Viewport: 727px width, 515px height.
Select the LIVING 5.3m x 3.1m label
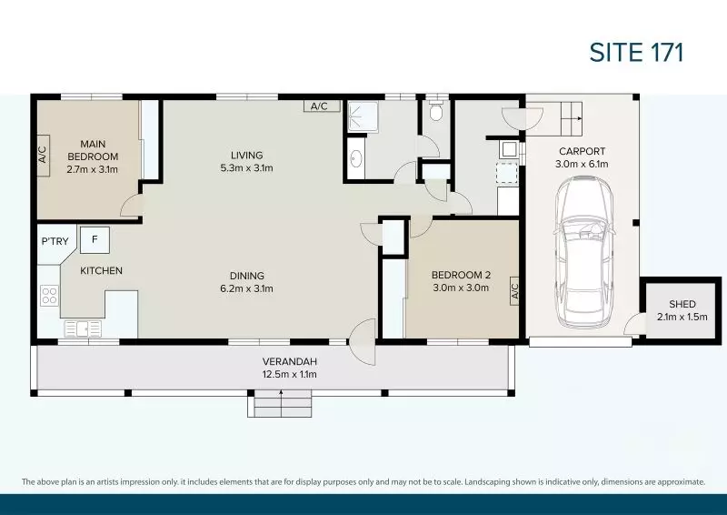[246, 161]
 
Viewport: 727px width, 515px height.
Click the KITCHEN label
[101, 270]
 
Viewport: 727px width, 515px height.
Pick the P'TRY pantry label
[55, 241]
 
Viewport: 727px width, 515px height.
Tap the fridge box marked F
[95, 240]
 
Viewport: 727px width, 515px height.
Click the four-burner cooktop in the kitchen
[49, 296]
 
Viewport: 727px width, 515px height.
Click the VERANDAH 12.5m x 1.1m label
[281, 367]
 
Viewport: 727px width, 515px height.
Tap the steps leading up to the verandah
[281, 403]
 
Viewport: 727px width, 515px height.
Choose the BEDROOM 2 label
[460, 281]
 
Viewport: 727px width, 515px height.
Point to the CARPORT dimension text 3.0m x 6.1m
[582, 165]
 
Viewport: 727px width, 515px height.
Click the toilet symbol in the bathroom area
[436, 111]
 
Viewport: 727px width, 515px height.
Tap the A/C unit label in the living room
[319, 106]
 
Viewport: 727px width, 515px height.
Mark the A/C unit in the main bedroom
[43, 156]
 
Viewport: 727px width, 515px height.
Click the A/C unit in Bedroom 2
[513, 291]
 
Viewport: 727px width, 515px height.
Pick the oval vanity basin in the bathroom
[355, 161]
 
